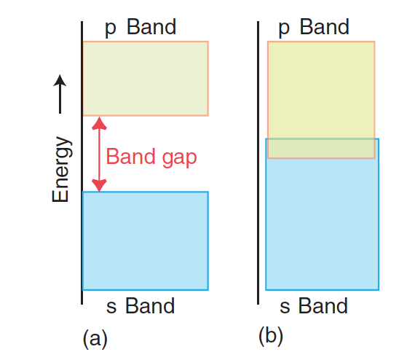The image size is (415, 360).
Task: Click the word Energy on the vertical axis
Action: click(62, 170)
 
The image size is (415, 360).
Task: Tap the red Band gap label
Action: click(151, 157)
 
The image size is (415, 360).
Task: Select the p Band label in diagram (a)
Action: click(141, 28)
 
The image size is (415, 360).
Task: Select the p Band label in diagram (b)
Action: click(314, 28)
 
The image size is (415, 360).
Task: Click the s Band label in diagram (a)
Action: click(140, 305)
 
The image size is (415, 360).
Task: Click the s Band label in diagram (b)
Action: click(314, 305)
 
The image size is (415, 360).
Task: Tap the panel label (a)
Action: click(95, 338)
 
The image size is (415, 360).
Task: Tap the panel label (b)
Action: click(271, 336)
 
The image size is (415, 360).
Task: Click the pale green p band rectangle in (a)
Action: click(146, 78)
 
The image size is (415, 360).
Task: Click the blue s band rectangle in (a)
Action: click(146, 240)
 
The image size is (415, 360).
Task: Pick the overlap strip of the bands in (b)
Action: click(320, 148)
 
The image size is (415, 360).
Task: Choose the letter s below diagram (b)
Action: click(285, 306)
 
